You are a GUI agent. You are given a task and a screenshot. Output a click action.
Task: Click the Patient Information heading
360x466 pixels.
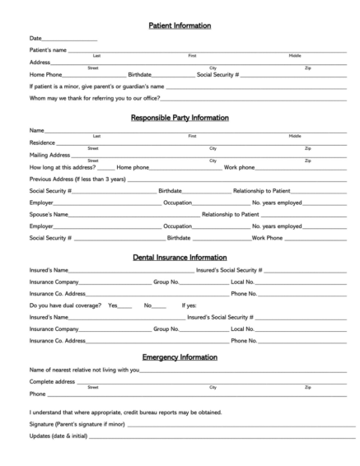point(180,26)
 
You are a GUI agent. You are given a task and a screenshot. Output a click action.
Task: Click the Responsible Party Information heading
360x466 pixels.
point(180,118)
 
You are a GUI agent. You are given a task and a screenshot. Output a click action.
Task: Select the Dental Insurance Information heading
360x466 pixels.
point(180,257)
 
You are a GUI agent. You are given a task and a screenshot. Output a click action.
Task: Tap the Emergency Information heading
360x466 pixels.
point(180,357)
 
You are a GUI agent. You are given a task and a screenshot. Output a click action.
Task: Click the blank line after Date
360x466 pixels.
point(69,39)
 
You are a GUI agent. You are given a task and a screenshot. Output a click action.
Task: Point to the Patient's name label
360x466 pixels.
point(48,51)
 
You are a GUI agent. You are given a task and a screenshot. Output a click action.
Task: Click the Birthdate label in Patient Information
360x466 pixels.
point(140,74)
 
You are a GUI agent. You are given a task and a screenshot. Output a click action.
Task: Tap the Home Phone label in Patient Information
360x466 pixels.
point(46,74)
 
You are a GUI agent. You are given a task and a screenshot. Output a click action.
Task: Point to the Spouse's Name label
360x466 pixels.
point(49,213)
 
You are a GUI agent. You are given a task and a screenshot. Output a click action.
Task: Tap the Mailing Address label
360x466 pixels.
point(49,154)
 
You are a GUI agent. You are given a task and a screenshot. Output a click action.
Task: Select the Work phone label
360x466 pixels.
point(239,166)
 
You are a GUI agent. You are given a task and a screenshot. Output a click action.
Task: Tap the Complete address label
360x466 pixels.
point(53,381)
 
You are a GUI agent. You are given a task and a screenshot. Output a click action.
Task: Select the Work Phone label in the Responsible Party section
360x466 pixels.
point(268,237)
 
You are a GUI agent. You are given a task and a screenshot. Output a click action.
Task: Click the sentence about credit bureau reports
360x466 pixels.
point(125,411)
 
